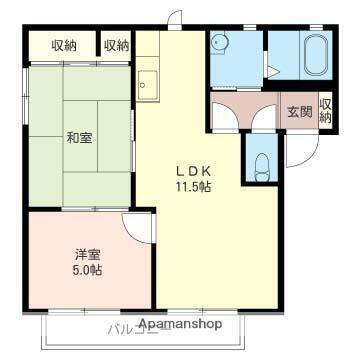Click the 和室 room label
pyautogui.click(x=80, y=138)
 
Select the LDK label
pyautogui.click(x=193, y=170)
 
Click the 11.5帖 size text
pyautogui.click(x=193, y=185)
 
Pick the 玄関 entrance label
pyautogui.click(x=298, y=111)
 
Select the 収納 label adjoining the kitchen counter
pyautogui.click(x=116, y=45)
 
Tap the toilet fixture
pyautogui.click(x=262, y=165)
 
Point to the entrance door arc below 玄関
pyautogui.click(x=300, y=155)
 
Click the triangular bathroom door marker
pyautogui.click(x=272, y=72)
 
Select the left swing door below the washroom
pyautogui.click(x=225, y=113)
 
